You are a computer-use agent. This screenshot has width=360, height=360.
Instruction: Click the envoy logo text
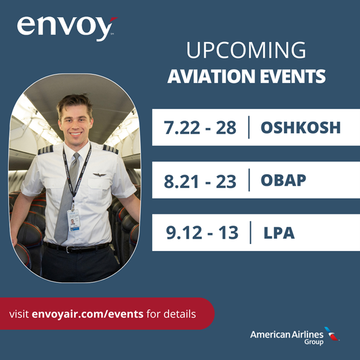click(62, 27)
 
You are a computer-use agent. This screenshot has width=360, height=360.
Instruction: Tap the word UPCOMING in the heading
click(246, 51)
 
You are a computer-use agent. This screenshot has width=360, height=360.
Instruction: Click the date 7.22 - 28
click(200, 127)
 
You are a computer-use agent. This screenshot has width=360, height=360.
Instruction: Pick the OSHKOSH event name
click(300, 127)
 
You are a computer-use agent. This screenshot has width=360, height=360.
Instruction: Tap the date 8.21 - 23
click(200, 181)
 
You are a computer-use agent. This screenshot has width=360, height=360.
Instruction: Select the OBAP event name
click(283, 181)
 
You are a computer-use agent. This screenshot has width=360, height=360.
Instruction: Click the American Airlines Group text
click(286, 336)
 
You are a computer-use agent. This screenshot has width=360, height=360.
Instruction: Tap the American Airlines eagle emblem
click(331, 333)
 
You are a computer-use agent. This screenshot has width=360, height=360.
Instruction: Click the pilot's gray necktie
click(67, 202)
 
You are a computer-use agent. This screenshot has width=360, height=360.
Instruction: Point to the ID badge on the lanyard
click(73, 220)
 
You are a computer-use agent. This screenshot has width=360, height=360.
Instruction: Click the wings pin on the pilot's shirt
click(100, 174)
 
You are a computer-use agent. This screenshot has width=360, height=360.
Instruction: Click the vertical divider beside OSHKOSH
click(249, 127)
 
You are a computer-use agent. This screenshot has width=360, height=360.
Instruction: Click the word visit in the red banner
click(19, 314)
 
